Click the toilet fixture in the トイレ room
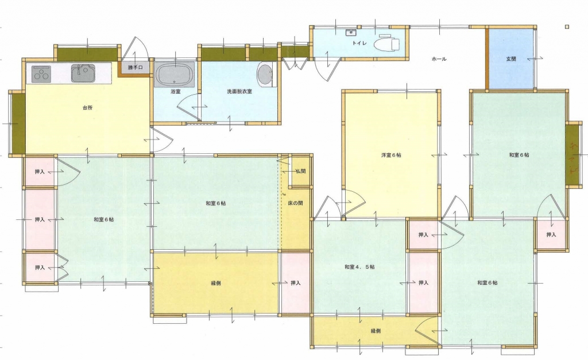point(386,42)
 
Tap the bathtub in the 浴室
point(175,74)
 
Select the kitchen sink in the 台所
point(83,73)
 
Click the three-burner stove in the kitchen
point(41,73)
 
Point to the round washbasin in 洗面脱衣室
point(265,75)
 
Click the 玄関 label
point(511,59)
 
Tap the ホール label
point(439,59)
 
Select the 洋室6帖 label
point(391,155)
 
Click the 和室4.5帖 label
point(359,267)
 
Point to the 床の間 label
point(296,203)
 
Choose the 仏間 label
point(300,171)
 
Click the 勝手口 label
point(136,68)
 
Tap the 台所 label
point(87,107)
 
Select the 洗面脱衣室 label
point(239,91)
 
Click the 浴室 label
point(176,91)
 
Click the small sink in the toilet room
point(351,32)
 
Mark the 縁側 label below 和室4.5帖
point(376,331)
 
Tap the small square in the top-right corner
point(567,26)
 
